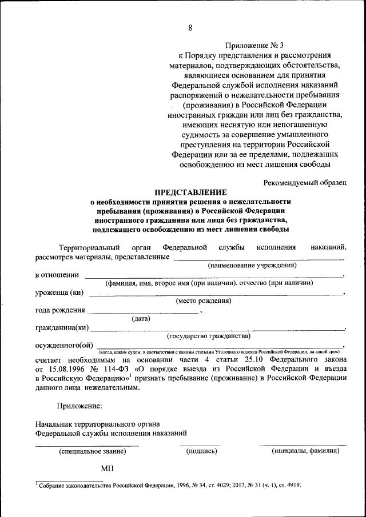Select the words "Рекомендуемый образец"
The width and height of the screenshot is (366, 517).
(305, 182)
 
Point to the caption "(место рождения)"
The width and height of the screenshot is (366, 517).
(204, 300)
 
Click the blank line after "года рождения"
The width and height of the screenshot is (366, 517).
(143, 312)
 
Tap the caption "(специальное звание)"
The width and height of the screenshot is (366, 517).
(93, 451)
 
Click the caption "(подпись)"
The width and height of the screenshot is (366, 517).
(202, 451)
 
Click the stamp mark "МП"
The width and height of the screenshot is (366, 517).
(108, 468)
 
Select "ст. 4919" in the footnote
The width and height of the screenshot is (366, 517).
(289, 485)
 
